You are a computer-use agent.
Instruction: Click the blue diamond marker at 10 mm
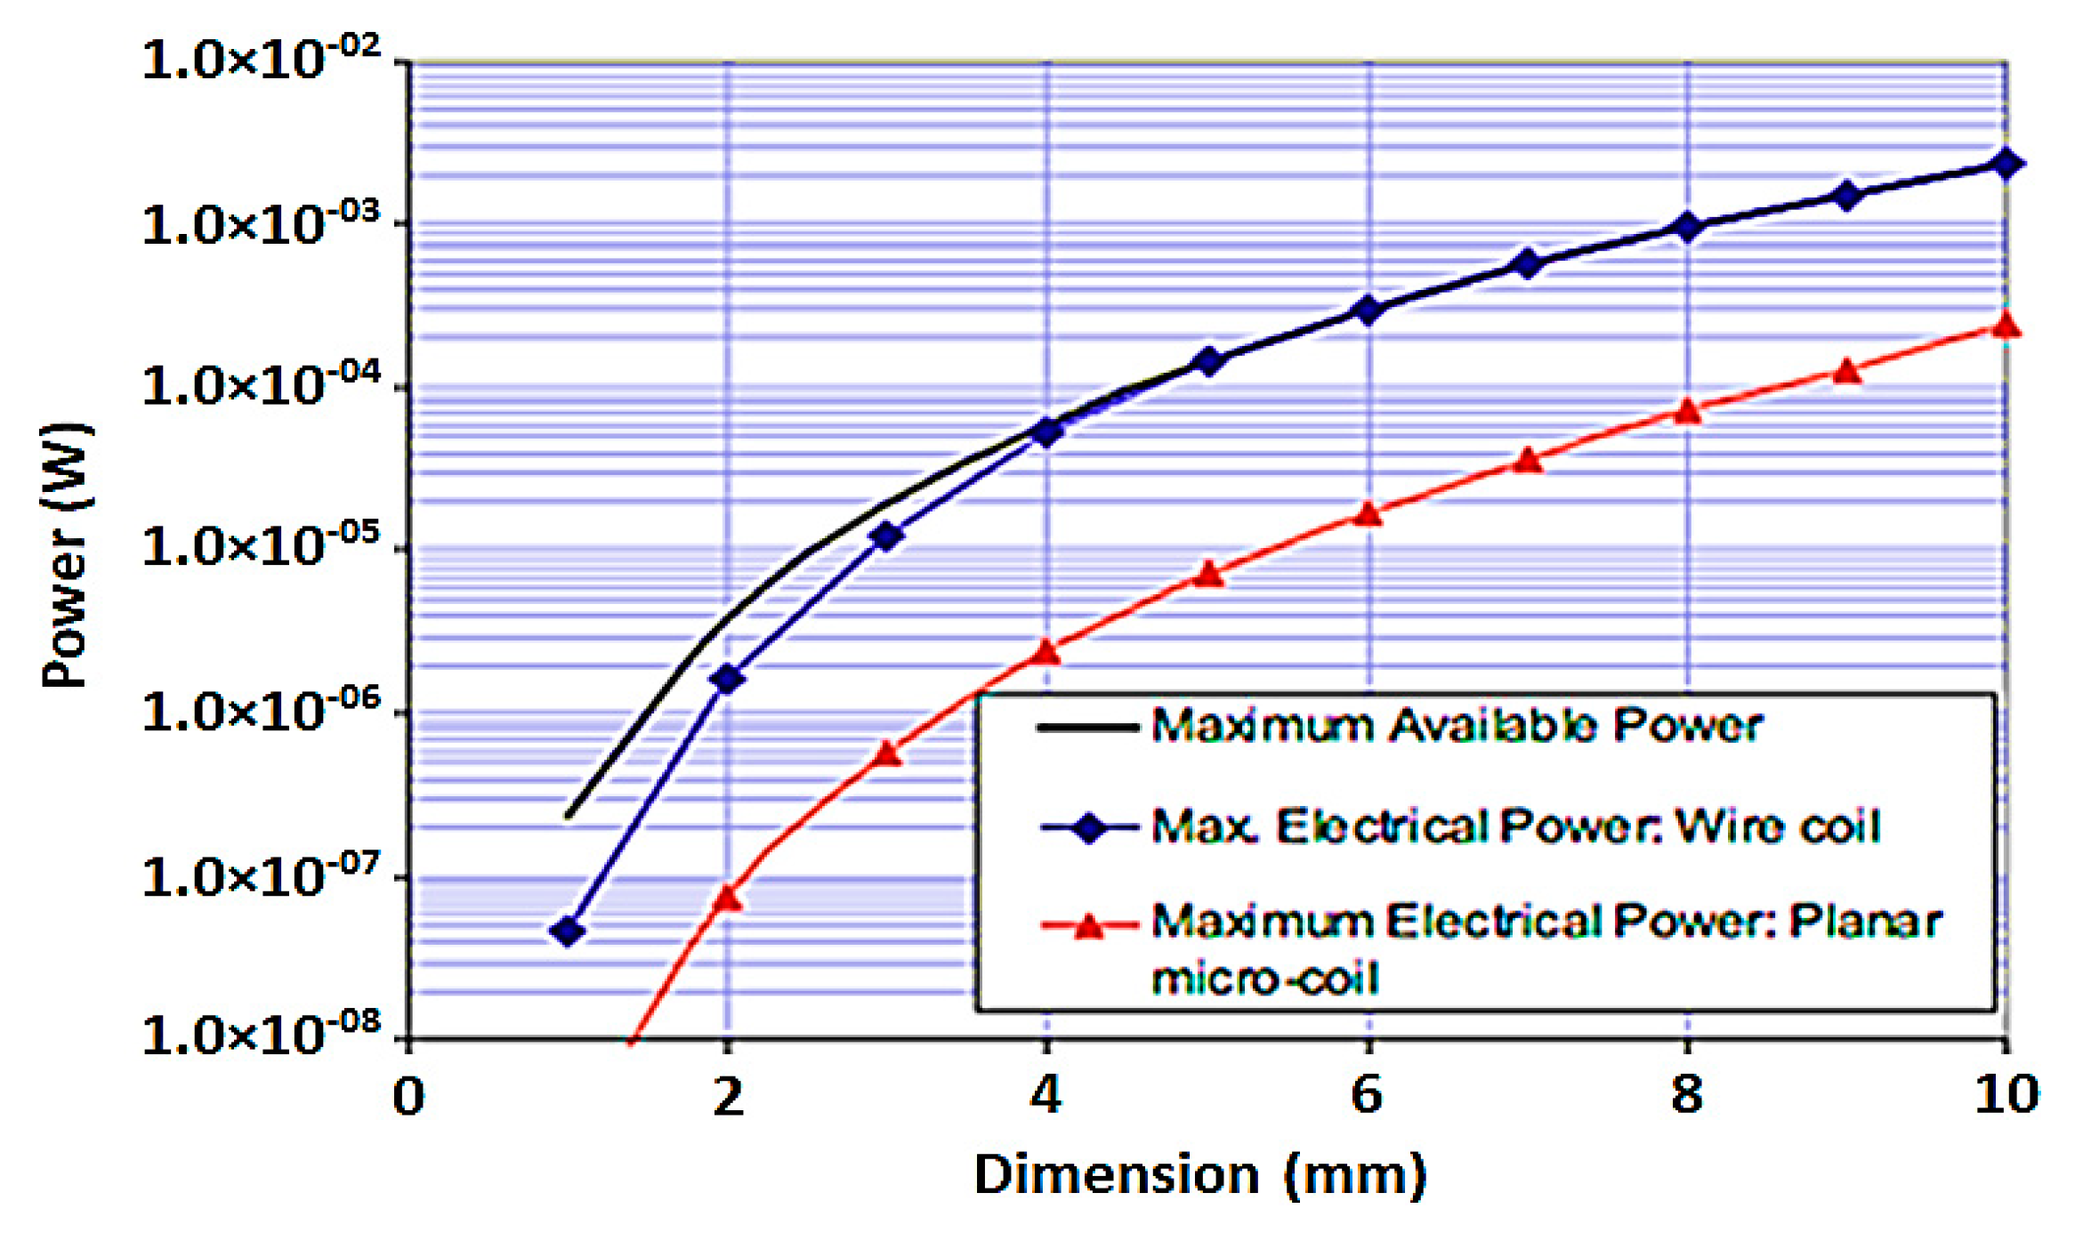[2006, 164]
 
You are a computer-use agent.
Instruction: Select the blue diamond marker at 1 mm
[568, 931]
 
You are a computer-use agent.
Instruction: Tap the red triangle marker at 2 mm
[728, 899]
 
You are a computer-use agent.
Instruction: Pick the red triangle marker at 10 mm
[2006, 325]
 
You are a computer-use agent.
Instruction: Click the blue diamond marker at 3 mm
[887, 536]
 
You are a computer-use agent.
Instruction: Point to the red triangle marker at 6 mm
[1368, 514]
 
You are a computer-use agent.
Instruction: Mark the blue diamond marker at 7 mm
[1527, 263]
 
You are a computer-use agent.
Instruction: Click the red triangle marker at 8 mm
[1687, 411]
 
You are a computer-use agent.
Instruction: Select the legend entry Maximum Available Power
[1457, 726]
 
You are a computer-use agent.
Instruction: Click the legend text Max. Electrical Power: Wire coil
[1515, 826]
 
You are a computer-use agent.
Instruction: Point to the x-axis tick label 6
[1367, 1094]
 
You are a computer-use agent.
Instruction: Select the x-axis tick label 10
[2006, 1094]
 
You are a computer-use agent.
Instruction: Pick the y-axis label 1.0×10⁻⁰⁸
[261, 1034]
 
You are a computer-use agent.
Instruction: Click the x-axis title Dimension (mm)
[1200, 1175]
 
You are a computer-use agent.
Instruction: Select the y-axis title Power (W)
[67, 555]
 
